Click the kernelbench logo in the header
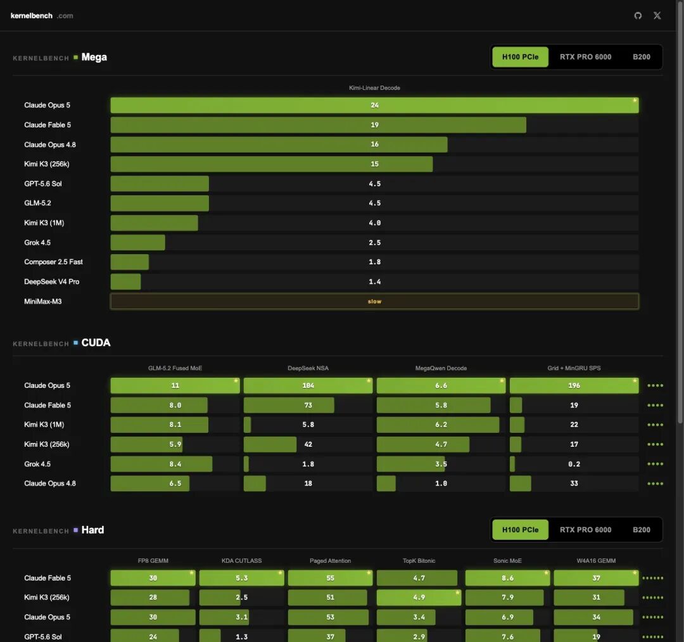tap(42, 16)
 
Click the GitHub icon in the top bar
tap(638, 16)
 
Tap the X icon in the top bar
tap(657, 16)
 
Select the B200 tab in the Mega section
tap(641, 57)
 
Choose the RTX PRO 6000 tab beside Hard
tap(585, 529)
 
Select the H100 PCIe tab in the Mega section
tap(520, 57)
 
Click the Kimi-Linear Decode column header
tap(374, 87)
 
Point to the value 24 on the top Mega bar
tap(375, 105)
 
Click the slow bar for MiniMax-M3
tap(374, 301)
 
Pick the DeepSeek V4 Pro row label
tap(51, 281)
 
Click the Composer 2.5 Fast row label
tap(53, 262)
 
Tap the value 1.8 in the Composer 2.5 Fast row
tap(375, 262)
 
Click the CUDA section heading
tap(96, 343)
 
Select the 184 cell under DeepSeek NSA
tap(308, 385)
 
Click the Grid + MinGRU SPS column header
tap(574, 368)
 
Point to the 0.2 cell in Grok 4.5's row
tap(574, 464)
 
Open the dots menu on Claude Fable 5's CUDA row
tap(655, 405)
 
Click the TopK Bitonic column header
tap(419, 560)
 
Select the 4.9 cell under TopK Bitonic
tap(419, 597)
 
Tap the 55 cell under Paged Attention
tap(330, 578)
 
